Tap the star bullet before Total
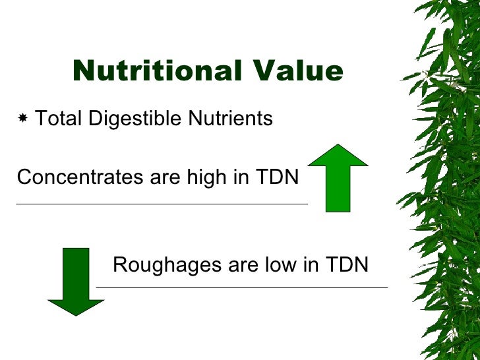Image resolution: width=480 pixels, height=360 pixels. click(23, 119)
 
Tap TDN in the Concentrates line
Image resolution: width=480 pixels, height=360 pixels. click(280, 177)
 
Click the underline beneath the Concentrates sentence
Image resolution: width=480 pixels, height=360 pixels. click(162, 204)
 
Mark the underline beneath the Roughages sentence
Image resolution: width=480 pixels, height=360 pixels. click(242, 287)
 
